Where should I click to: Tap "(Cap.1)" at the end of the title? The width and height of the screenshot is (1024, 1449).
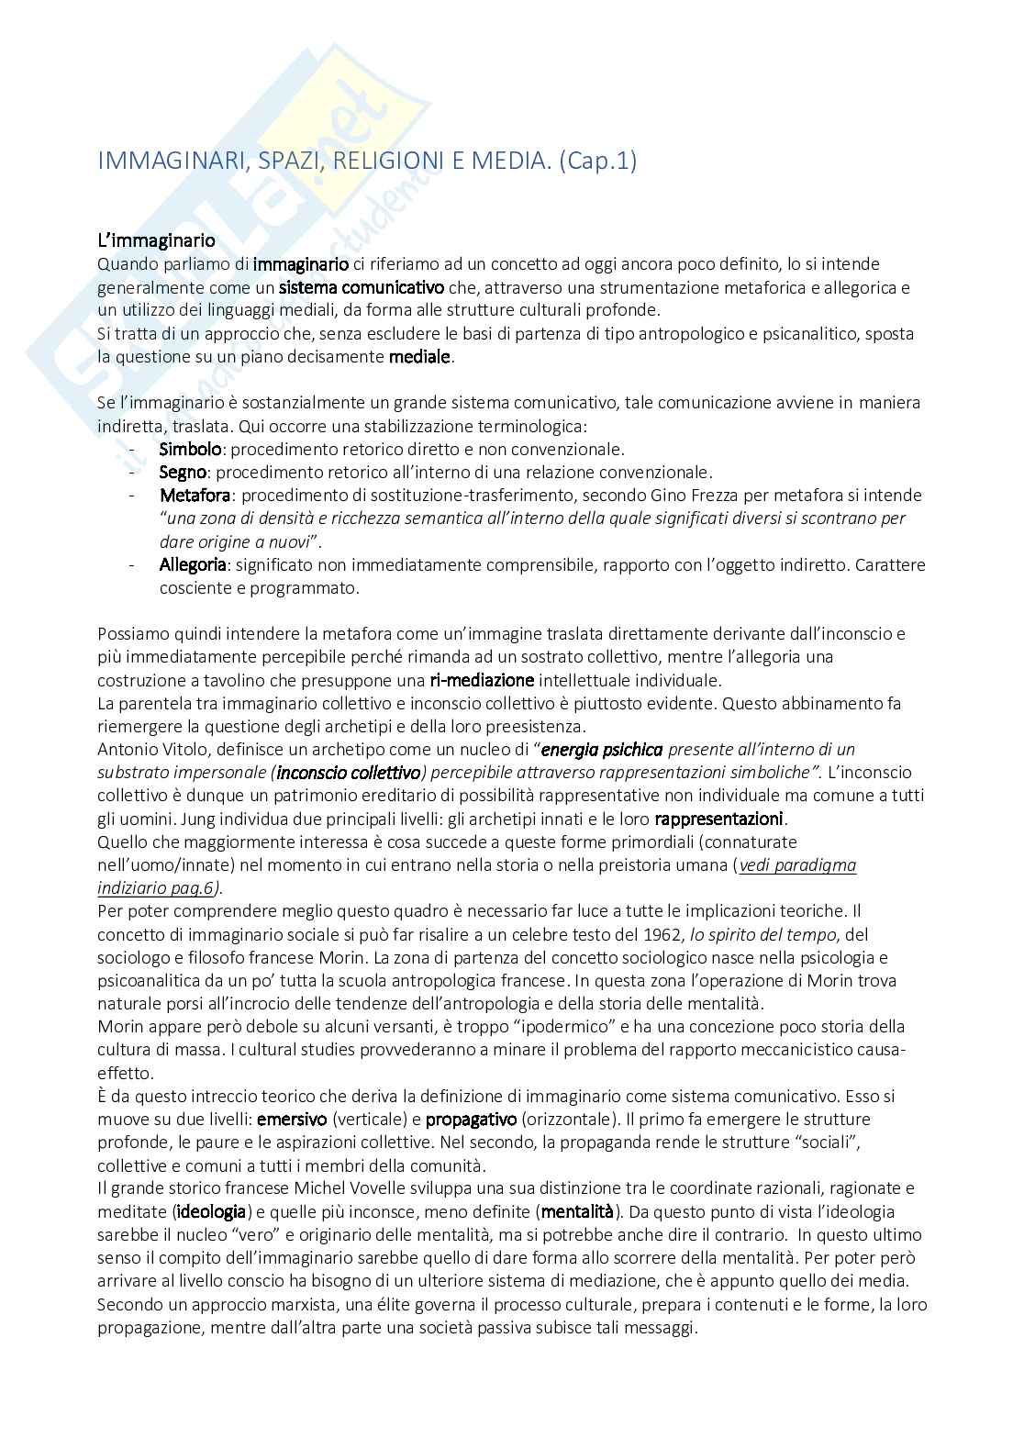tap(597, 161)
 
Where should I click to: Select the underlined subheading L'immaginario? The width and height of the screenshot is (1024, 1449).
tap(156, 241)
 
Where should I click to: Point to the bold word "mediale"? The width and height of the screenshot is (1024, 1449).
tap(419, 356)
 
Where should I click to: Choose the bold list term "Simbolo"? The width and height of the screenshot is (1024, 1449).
tap(191, 450)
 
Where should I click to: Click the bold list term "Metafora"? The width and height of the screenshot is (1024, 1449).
tap(195, 496)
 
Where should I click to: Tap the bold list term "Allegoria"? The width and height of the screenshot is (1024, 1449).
tap(193, 564)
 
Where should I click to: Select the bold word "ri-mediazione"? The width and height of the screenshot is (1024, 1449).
tap(482, 680)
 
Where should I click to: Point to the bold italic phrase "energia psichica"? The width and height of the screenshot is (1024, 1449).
tap(602, 749)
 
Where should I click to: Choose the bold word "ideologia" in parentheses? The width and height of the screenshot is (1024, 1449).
tap(211, 1212)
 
